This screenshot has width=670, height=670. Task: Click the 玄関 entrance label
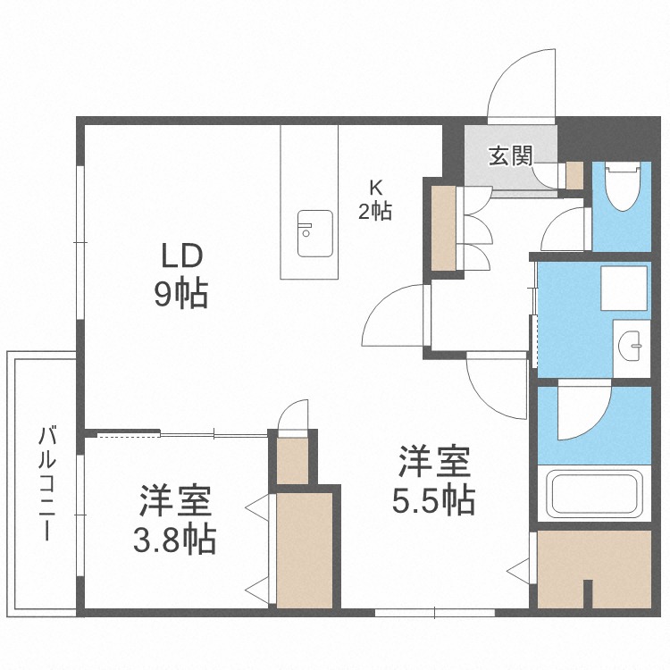(x=511, y=156)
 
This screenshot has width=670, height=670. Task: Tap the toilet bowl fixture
(x=623, y=186)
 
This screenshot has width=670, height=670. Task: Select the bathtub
(x=595, y=493)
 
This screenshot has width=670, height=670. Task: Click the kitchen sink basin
(x=315, y=233)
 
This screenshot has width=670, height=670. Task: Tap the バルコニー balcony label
(x=47, y=482)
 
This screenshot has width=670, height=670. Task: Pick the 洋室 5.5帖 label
(x=434, y=480)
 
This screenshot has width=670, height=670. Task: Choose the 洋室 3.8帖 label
(x=174, y=519)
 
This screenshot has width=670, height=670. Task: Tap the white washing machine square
(x=624, y=288)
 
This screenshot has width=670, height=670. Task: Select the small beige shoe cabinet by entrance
(x=574, y=175)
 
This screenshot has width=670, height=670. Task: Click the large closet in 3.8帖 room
(x=305, y=550)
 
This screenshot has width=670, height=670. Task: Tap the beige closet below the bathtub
(x=594, y=569)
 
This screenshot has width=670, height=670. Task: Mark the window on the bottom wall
(x=434, y=612)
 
